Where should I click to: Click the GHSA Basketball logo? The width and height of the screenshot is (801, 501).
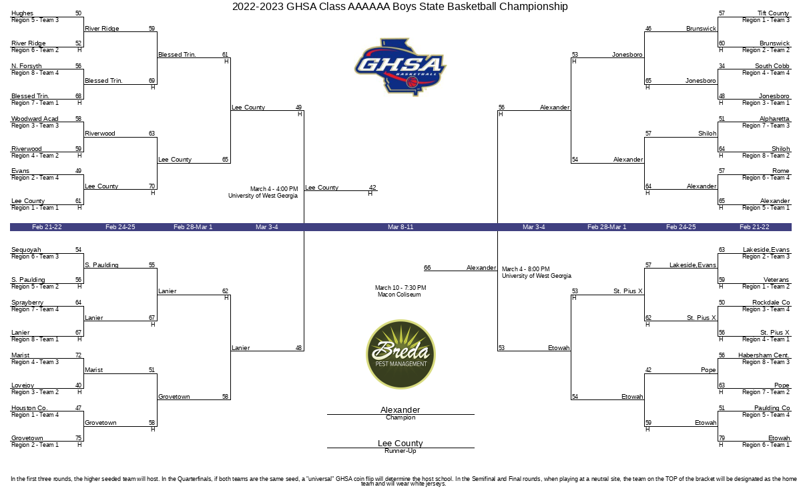pos(400,67)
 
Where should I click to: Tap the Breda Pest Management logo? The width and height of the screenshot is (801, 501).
pos(400,354)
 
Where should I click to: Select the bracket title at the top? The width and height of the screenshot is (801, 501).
pos(400,7)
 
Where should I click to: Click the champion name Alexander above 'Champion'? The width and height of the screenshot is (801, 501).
pos(400,409)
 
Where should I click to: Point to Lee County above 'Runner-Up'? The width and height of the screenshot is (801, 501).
pos(400,443)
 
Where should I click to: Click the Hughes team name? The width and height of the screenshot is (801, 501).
pos(22,13)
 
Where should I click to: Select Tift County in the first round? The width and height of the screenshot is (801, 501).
pos(773,13)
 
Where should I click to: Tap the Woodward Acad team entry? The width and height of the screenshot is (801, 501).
pos(35,118)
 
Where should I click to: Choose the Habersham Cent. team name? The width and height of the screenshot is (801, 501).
pos(764,355)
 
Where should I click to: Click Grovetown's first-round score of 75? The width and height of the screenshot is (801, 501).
pos(78,438)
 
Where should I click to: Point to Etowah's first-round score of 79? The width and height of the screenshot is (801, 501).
pos(722,438)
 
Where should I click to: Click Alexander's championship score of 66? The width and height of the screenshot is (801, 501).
pos(427,268)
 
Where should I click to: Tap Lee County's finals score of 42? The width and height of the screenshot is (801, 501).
pos(372,187)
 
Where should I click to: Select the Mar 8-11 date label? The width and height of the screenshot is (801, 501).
pos(400,227)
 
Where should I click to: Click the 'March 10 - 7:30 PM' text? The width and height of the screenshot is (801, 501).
pos(400,288)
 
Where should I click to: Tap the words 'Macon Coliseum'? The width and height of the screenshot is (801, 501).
pos(399,295)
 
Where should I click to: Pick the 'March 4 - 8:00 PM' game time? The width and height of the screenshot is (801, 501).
pos(526,269)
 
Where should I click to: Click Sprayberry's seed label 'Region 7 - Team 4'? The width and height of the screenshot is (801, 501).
pos(35,309)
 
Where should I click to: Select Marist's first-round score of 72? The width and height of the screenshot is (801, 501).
pos(78,355)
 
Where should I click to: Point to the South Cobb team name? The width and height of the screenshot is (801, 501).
pos(772,66)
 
